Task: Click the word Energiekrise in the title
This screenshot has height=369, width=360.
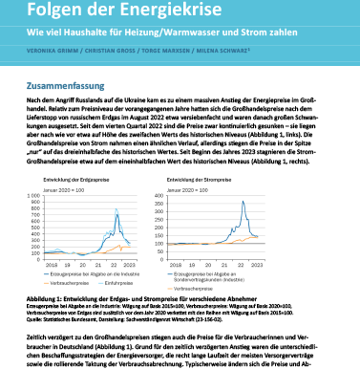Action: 142,11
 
